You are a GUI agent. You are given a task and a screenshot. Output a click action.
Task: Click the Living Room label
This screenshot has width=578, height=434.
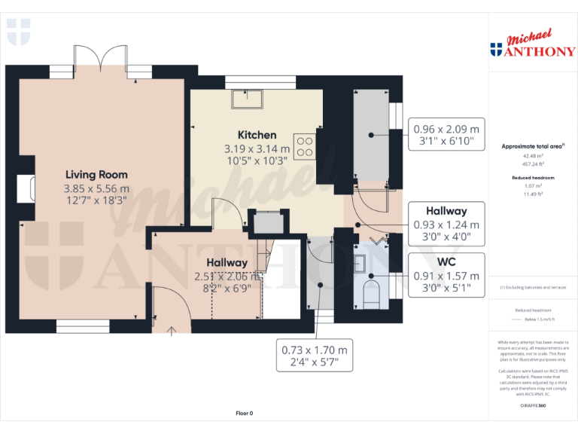[96, 174]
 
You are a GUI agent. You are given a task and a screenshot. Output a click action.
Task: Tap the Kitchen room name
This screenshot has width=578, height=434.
[257, 135]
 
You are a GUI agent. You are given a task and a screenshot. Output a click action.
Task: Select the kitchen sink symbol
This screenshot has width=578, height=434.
[247, 98]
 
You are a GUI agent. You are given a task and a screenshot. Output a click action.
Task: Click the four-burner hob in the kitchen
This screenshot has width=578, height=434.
[305, 146]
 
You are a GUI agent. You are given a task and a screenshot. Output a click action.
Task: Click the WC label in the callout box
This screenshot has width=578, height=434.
[446, 262]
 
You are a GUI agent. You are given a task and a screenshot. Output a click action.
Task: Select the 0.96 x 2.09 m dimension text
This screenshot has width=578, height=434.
[446, 128]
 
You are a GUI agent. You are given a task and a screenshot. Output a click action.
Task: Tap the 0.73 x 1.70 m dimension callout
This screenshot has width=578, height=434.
[315, 350]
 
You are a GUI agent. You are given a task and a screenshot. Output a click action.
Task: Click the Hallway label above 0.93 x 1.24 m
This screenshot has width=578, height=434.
[446, 211]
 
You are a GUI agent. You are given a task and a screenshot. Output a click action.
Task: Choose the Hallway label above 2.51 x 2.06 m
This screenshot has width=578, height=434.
[227, 261]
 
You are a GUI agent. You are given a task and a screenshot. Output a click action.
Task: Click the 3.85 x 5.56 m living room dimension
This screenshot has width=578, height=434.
[96, 188]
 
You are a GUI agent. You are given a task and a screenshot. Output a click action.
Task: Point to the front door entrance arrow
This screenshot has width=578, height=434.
[171, 329]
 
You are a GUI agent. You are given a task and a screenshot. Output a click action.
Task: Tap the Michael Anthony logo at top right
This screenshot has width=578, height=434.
[533, 45]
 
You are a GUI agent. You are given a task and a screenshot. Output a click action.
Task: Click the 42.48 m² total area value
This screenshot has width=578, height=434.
[533, 156]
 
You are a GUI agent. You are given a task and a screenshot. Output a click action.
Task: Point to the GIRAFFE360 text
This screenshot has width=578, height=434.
[533, 405]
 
